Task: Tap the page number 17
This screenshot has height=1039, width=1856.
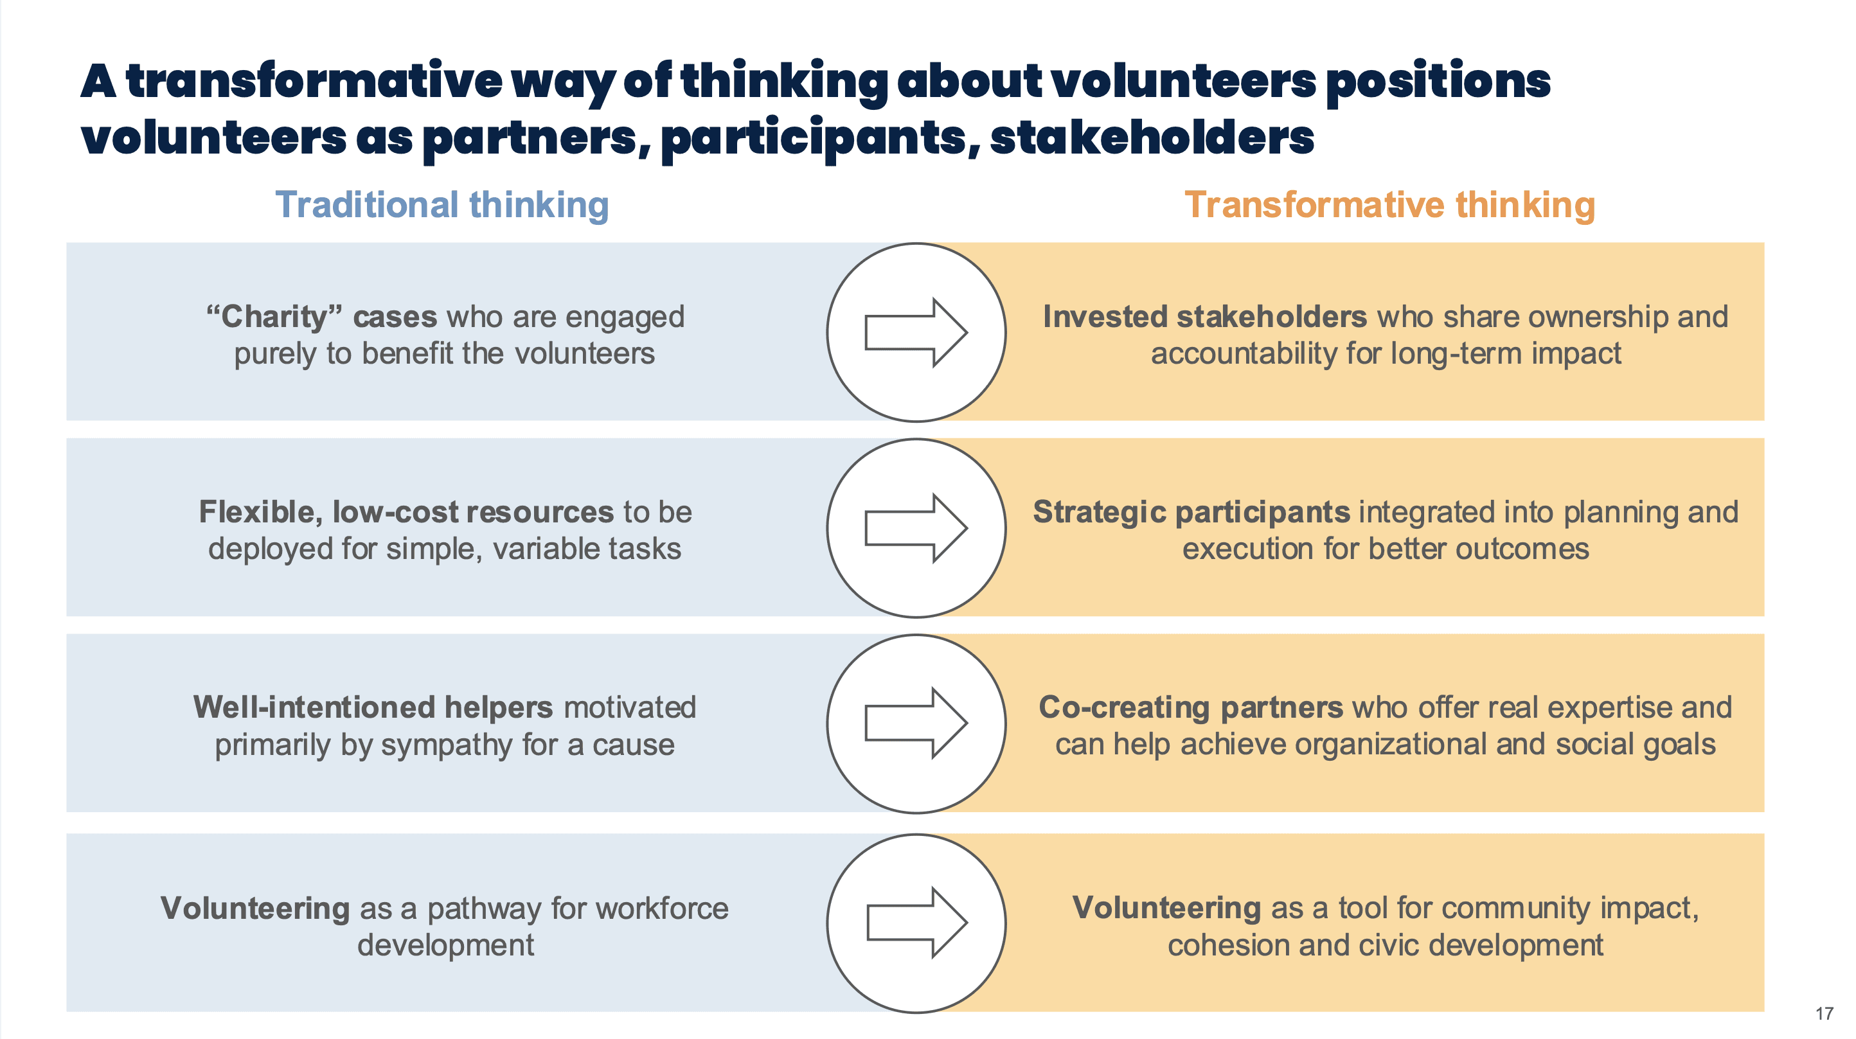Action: (x=1824, y=1014)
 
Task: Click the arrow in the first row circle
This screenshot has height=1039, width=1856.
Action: (x=916, y=332)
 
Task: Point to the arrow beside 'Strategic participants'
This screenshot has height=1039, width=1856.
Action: (x=916, y=528)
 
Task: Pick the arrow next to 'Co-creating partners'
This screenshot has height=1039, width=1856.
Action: (x=916, y=724)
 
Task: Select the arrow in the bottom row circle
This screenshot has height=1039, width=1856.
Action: (x=916, y=923)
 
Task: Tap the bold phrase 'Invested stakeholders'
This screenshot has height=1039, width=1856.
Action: (x=1205, y=317)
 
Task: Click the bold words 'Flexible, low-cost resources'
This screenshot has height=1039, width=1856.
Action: (x=406, y=512)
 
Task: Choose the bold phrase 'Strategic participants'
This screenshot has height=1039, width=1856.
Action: (x=1191, y=512)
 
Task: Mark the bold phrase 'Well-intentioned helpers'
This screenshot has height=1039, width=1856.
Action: (x=373, y=707)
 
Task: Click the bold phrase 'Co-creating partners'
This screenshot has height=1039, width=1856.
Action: (x=1191, y=707)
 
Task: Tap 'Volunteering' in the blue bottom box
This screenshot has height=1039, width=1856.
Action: (x=255, y=908)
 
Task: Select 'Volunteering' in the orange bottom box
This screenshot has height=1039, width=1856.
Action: (x=1166, y=908)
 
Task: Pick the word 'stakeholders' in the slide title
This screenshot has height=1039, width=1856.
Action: (x=1152, y=137)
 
